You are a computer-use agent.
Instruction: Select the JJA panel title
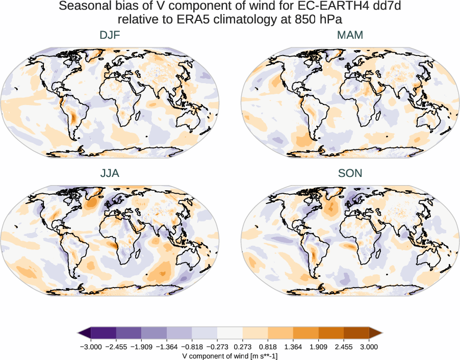[x=110, y=173]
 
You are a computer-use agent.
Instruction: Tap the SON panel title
[x=350, y=173]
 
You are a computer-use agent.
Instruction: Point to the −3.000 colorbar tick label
[x=92, y=347]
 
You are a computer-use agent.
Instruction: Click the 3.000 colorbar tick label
[x=369, y=347]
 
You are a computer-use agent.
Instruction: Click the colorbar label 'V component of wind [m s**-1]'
[x=230, y=355]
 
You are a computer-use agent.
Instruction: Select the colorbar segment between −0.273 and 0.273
[x=230, y=333]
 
